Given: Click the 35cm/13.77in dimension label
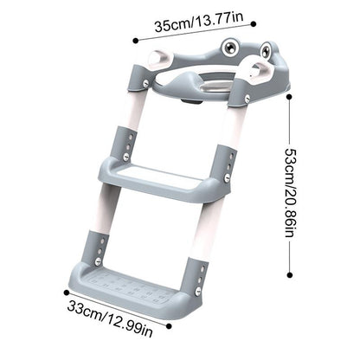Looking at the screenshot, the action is pos(199,22).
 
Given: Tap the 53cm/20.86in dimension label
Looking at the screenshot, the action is pos(290,193).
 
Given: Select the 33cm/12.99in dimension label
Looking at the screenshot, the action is pos(110,318).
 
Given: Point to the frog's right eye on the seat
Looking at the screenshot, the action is pos(266,50).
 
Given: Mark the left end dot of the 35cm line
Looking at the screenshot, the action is pos(136,41).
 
